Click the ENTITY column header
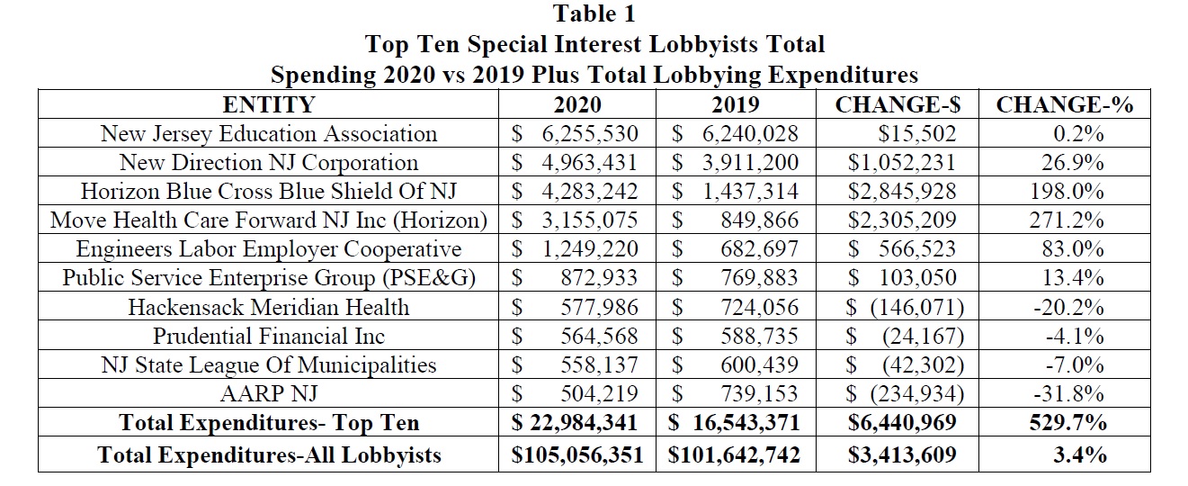click(x=269, y=105)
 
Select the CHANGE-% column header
click(x=1064, y=105)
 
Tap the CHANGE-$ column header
click(x=898, y=105)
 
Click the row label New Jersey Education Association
click(x=269, y=134)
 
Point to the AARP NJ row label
click(x=269, y=393)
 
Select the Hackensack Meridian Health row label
click(x=269, y=307)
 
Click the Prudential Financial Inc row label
click(x=269, y=336)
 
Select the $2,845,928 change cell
click(x=902, y=192)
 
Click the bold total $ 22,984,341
click(x=576, y=423)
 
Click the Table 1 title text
click(x=594, y=14)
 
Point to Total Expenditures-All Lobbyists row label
click(x=269, y=454)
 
